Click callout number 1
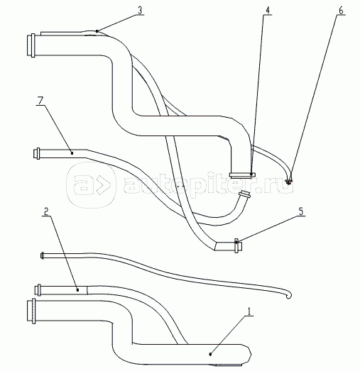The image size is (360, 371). click(x=249, y=311)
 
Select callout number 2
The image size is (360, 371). click(x=46, y=211)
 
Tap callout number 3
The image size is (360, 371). click(x=140, y=11)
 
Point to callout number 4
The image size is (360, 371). click(x=268, y=11)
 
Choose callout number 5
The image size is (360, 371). click(x=301, y=211)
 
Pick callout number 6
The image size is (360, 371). click(x=341, y=11)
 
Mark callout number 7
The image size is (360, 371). click(x=40, y=101)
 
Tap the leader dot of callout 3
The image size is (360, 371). click(x=97, y=31)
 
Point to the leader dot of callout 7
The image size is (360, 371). click(x=72, y=153)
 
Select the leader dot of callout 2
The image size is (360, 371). click(x=77, y=289)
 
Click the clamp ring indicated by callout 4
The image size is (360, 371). click(x=242, y=175)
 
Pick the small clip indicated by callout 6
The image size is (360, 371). click(x=289, y=182)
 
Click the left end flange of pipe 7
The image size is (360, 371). click(x=36, y=153)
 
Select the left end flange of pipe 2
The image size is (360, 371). click(x=38, y=289)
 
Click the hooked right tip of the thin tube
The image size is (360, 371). click(x=289, y=296)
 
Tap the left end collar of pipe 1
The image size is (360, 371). click(x=31, y=311)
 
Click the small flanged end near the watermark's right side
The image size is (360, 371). click(x=246, y=194)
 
